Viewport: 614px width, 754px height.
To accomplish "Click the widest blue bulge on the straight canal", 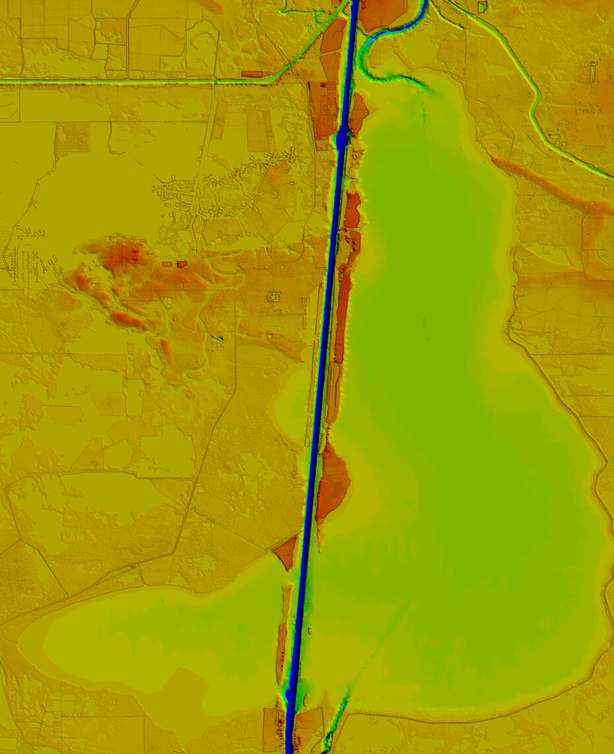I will point(341,138).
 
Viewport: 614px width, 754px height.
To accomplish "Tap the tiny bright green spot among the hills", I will point(221,338).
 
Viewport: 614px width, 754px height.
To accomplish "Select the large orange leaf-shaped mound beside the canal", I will point(333,481).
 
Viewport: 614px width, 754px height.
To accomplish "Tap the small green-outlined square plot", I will point(482,7).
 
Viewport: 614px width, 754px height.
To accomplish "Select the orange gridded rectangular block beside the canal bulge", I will point(322,109).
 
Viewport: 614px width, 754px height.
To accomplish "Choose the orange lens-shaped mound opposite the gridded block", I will point(359,114).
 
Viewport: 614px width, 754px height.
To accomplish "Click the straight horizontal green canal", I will point(132,81).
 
